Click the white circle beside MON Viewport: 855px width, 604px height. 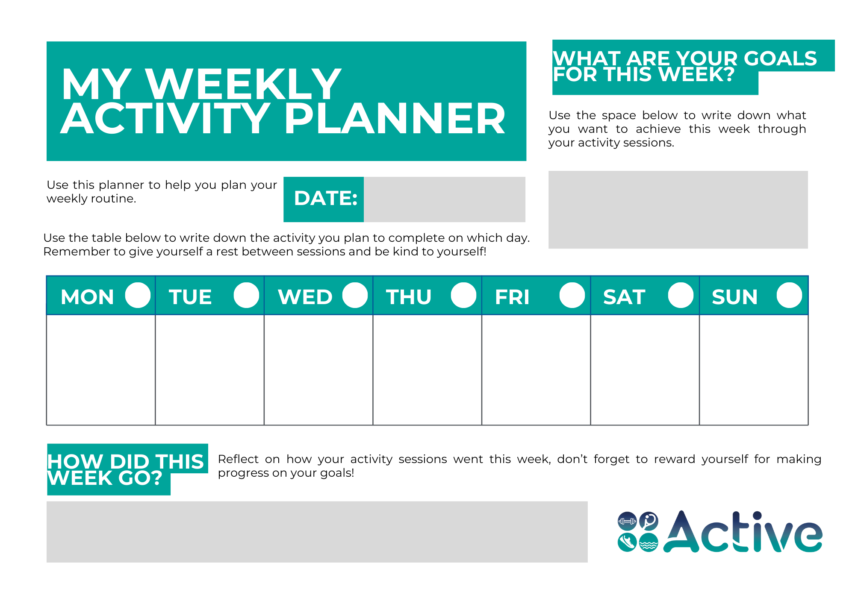point(138,295)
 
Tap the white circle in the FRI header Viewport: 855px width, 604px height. point(572,295)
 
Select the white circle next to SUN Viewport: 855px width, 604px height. point(789,295)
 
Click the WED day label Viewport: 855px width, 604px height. point(305,297)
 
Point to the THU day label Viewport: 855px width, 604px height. point(409,297)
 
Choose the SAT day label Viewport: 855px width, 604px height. point(624,297)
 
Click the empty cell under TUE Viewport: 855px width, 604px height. point(209,369)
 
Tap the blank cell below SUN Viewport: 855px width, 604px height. point(753,369)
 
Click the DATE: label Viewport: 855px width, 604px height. point(325,199)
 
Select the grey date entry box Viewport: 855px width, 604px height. point(444,199)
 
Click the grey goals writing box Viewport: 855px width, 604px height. point(678,210)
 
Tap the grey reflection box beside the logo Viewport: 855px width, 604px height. point(317,531)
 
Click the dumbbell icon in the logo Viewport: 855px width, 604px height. point(627,521)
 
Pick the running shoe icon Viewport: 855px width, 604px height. point(627,542)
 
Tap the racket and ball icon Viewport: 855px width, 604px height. point(649,521)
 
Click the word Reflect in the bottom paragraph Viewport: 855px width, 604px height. point(238,459)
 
